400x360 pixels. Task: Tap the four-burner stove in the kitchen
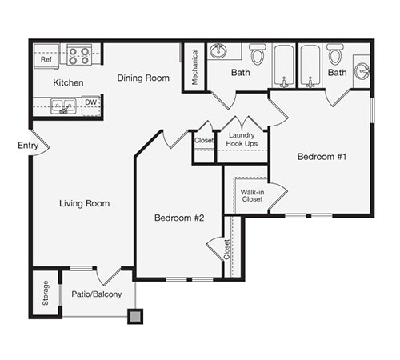[79, 55]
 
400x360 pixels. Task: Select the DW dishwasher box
[91, 103]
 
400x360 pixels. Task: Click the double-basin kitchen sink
[64, 105]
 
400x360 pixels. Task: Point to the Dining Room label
[143, 78]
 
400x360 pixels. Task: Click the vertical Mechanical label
[194, 67]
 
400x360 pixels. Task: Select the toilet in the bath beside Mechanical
[257, 55]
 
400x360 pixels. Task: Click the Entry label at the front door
[26, 146]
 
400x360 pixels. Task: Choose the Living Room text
[84, 203]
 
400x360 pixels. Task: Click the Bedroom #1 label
[321, 157]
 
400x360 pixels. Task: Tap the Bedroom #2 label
[179, 218]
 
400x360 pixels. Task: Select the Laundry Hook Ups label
[242, 140]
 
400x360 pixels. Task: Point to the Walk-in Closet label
[252, 194]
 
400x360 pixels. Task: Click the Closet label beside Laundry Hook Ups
[204, 140]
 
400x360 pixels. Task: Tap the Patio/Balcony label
[97, 294]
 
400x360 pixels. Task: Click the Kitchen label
[68, 82]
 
